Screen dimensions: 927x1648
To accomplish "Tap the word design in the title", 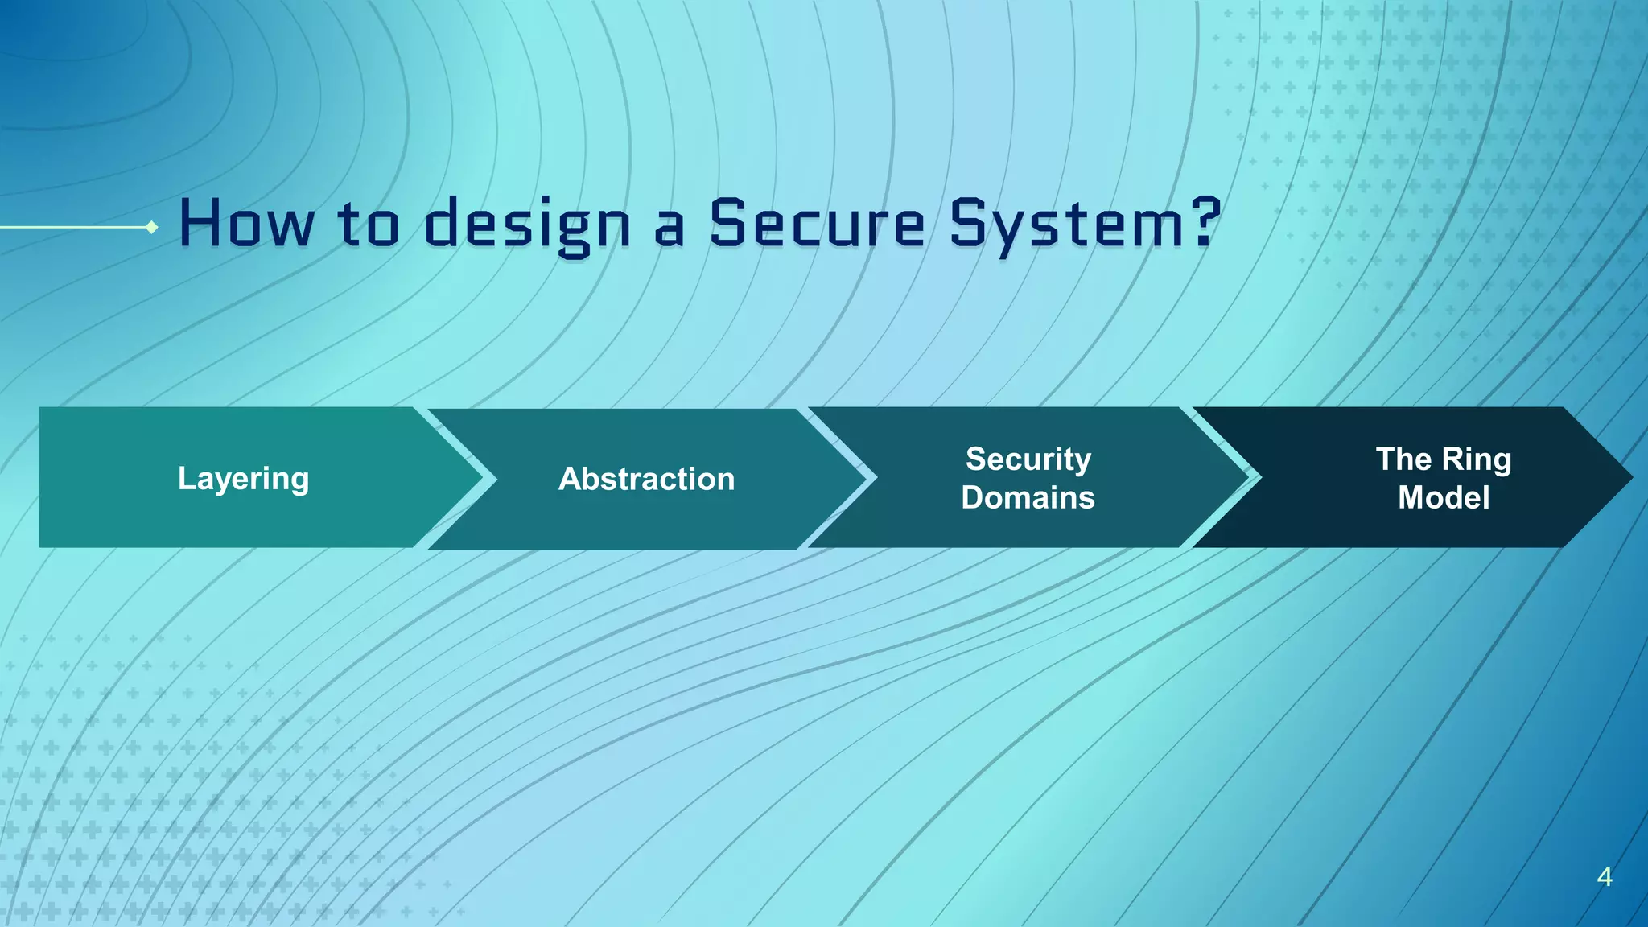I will click(x=527, y=225).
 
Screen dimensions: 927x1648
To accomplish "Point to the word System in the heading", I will click(x=1062, y=225).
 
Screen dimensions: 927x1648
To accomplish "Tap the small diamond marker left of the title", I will click(x=151, y=228).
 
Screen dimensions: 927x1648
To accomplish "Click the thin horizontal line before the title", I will click(x=72, y=228).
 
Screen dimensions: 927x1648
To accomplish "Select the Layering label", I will click(x=243, y=479).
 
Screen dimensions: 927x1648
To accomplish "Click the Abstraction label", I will click(x=646, y=479).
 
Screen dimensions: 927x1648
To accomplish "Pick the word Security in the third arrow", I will click(x=1028, y=459).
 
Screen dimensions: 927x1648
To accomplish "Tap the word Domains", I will click(x=1028, y=497).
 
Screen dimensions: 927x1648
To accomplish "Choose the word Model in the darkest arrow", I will click(x=1444, y=497).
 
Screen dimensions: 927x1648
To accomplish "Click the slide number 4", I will click(x=1604, y=876).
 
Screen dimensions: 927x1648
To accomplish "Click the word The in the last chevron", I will click(x=1404, y=459).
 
